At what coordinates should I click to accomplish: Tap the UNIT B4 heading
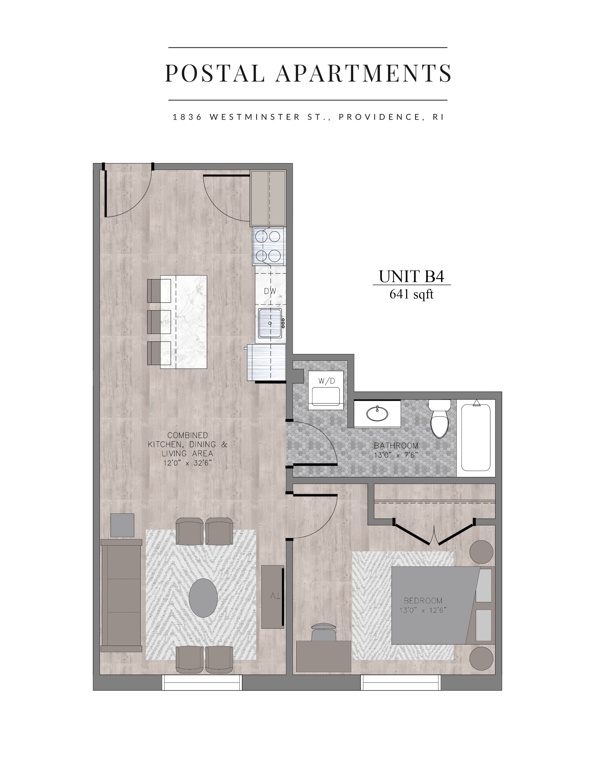pyautogui.click(x=411, y=276)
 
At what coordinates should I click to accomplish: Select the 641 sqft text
pyautogui.click(x=411, y=294)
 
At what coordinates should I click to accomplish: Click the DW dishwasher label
pyautogui.click(x=270, y=291)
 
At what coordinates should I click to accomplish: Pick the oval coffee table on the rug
pyautogui.click(x=203, y=598)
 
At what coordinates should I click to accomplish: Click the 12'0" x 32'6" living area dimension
pyautogui.click(x=188, y=463)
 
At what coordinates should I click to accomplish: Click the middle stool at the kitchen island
pyautogui.click(x=159, y=322)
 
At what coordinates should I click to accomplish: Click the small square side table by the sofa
pyautogui.click(x=122, y=525)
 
